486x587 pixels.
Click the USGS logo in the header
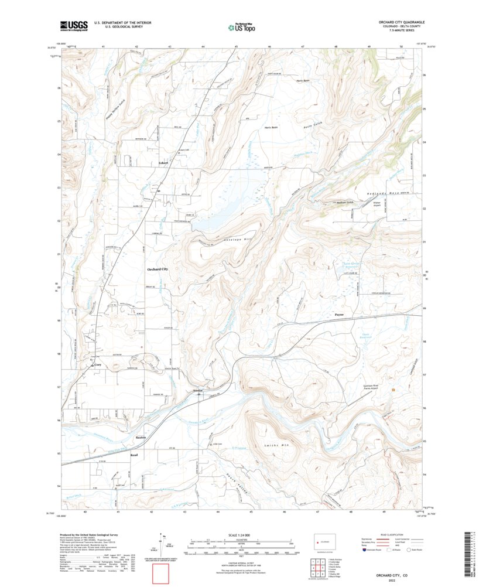tap(73, 25)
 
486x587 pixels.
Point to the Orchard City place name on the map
tap(157, 268)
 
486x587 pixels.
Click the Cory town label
tap(98, 364)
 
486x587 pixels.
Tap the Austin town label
tap(197, 389)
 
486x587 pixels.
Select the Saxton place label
tap(141, 438)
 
